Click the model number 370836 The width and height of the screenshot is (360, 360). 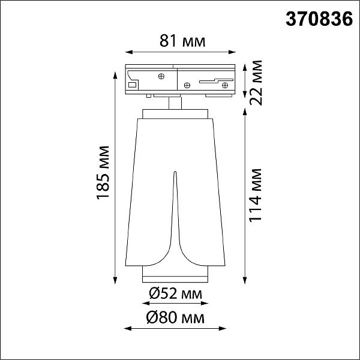tap(319, 19)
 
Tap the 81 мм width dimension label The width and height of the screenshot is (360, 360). tap(182, 41)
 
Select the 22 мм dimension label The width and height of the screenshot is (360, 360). tap(256, 83)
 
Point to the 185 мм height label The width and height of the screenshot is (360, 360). tap(103, 173)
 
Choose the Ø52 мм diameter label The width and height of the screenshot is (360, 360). tap(175, 293)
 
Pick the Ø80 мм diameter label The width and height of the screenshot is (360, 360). tap(175, 318)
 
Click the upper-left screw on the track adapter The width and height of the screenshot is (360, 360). tap(161, 76)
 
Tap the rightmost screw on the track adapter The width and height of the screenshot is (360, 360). tap(225, 85)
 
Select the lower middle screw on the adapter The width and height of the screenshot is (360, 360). tap(187, 85)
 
